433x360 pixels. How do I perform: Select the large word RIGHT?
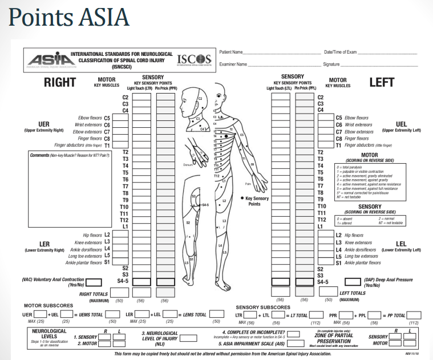coord(60,83)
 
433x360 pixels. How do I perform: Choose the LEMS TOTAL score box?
coord(216,314)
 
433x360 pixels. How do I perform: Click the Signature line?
coord(379,64)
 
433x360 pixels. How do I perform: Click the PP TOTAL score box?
coord(413,314)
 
